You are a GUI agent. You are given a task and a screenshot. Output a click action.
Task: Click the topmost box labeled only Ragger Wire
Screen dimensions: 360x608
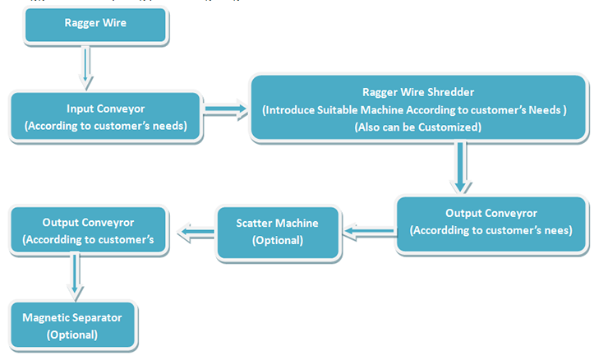pos(95,25)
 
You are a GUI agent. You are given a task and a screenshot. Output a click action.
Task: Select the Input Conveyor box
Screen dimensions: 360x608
pos(106,117)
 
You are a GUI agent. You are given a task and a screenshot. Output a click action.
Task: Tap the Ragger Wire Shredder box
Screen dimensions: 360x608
pos(419,109)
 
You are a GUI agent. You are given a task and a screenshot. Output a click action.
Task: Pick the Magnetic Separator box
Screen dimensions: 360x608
pos(72,326)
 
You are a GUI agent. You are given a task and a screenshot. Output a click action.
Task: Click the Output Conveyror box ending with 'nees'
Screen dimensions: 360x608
pos(491,222)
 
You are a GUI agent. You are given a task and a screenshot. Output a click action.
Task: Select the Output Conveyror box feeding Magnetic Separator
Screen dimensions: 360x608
pos(88,231)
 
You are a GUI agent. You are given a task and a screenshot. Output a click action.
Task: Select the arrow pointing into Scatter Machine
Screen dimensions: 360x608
pos(368,233)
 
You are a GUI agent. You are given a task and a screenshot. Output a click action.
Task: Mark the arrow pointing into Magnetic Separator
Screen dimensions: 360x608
pos(76,278)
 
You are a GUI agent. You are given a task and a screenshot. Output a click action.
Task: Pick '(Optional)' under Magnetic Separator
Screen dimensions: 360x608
pos(72,335)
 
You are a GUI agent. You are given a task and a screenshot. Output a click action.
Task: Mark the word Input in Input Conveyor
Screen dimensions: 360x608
pos(81,108)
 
